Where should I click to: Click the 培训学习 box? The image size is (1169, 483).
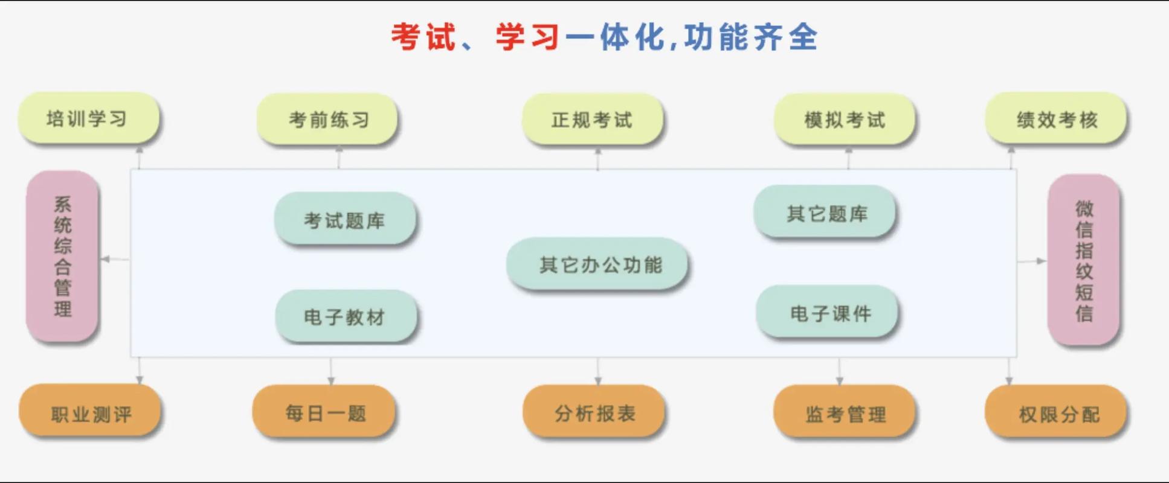tap(88, 118)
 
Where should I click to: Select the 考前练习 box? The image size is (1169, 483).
tap(327, 120)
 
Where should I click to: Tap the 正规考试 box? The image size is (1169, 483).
tap(592, 120)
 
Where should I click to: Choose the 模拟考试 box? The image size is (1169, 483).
tap(845, 120)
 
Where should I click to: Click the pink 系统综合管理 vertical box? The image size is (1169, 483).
tap(62, 256)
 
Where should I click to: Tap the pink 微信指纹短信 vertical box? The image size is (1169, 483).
tap(1084, 260)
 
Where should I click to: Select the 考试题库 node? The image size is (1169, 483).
tap(345, 219)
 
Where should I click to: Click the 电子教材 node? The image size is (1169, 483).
tap(346, 316)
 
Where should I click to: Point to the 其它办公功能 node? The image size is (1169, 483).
tap(597, 264)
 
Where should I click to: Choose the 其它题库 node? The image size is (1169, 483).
tap(825, 213)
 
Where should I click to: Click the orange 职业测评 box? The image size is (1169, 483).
tap(91, 413)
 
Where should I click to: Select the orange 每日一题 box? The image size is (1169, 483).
tap(324, 412)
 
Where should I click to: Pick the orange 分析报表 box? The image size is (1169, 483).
tap(594, 412)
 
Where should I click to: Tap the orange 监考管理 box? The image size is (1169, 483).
tap(844, 413)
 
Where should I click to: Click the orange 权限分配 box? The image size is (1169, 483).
tap(1056, 413)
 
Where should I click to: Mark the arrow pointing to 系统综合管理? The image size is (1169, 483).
tap(106, 260)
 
